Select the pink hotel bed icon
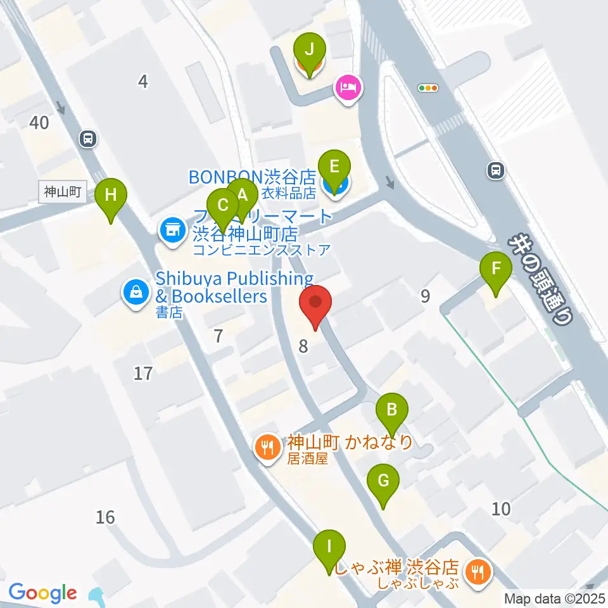pos(348,87)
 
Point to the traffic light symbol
pos(429,88)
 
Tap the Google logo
pos(43,593)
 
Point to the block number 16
pos(106,517)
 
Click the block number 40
pos(39,122)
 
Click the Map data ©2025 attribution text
pos(554,597)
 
